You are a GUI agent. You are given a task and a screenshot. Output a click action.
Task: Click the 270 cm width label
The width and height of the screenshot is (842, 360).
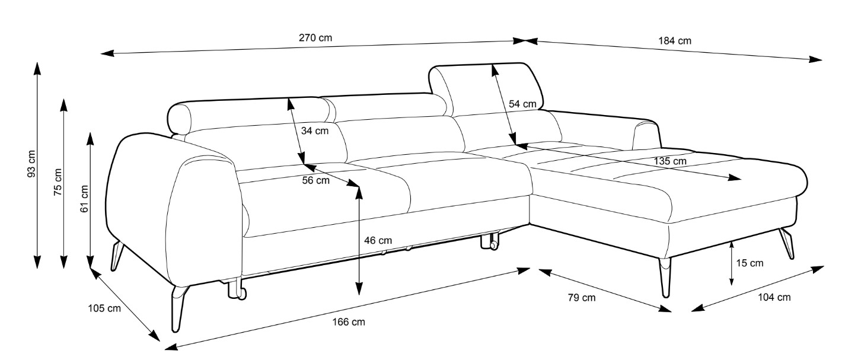315,38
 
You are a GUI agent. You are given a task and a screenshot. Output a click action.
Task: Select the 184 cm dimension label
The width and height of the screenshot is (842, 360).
675,41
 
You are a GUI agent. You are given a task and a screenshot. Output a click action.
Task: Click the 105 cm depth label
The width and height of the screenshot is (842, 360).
104,308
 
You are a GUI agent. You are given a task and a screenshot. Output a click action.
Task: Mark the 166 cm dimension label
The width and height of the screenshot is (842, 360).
349,322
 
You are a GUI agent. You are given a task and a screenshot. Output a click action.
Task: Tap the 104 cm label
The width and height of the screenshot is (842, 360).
774,297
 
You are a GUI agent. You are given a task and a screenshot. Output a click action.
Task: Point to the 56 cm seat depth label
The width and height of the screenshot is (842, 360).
315,180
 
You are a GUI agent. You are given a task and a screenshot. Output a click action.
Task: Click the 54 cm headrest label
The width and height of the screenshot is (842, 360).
522,104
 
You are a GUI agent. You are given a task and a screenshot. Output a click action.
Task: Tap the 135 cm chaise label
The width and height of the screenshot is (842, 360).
670,161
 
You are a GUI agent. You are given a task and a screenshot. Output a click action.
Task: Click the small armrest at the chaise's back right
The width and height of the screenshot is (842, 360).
646,135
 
